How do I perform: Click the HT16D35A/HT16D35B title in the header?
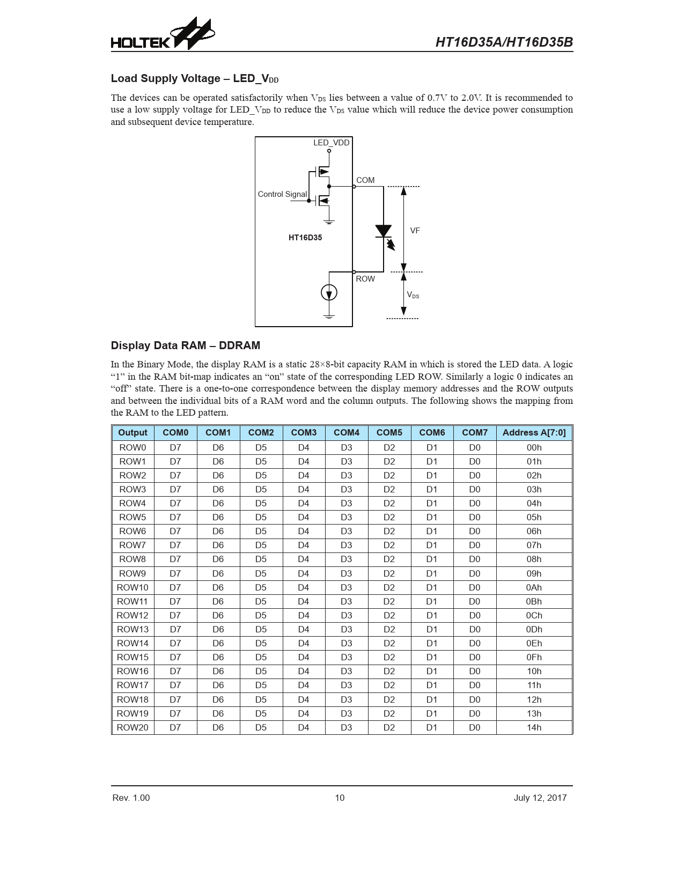tap(504, 42)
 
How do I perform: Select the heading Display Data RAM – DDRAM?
tap(185, 345)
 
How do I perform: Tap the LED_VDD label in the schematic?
tap(331, 143)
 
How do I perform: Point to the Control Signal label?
tap(282, 194)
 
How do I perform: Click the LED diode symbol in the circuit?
tap(384, 231)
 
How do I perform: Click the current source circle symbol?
tap(329, 292)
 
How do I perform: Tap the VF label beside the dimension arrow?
tap(415, 231)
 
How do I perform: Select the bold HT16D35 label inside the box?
tap(305, 238)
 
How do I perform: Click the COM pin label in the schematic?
tap(365, 180)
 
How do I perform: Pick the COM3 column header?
tap(304, 432)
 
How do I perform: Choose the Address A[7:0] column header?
tap(534, 432)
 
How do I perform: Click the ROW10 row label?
tap(133, 587)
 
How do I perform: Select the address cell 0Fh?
tap(534, 657)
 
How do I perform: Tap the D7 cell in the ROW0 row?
tap(175, 447)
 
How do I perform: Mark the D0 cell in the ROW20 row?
tap(475, 727)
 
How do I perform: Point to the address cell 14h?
tap(534, 727)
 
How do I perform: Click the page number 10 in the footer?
tap(340, 798)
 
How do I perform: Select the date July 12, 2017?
tap(540, 798)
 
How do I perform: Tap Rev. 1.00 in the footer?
tap(131, 798)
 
